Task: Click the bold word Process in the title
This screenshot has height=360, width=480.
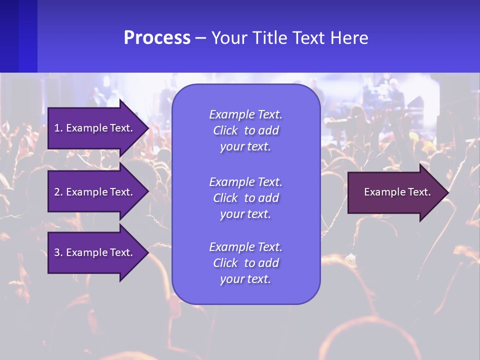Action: tap(157, 38)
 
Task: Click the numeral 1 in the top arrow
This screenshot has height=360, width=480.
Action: tap(56, 128)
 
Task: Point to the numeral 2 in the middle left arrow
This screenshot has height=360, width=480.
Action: tap(56, 192)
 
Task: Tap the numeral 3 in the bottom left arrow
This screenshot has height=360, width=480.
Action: tap(56, 252)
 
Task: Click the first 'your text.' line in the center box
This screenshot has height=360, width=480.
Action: tap(245, 147)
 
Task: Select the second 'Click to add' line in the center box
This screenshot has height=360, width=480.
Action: tap(245, 198)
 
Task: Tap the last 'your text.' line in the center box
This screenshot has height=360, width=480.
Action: tap(245, 279)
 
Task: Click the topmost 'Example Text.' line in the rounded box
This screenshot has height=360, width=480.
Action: tap(245, 114)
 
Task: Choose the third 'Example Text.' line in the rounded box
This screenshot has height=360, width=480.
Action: tap(245, 247)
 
